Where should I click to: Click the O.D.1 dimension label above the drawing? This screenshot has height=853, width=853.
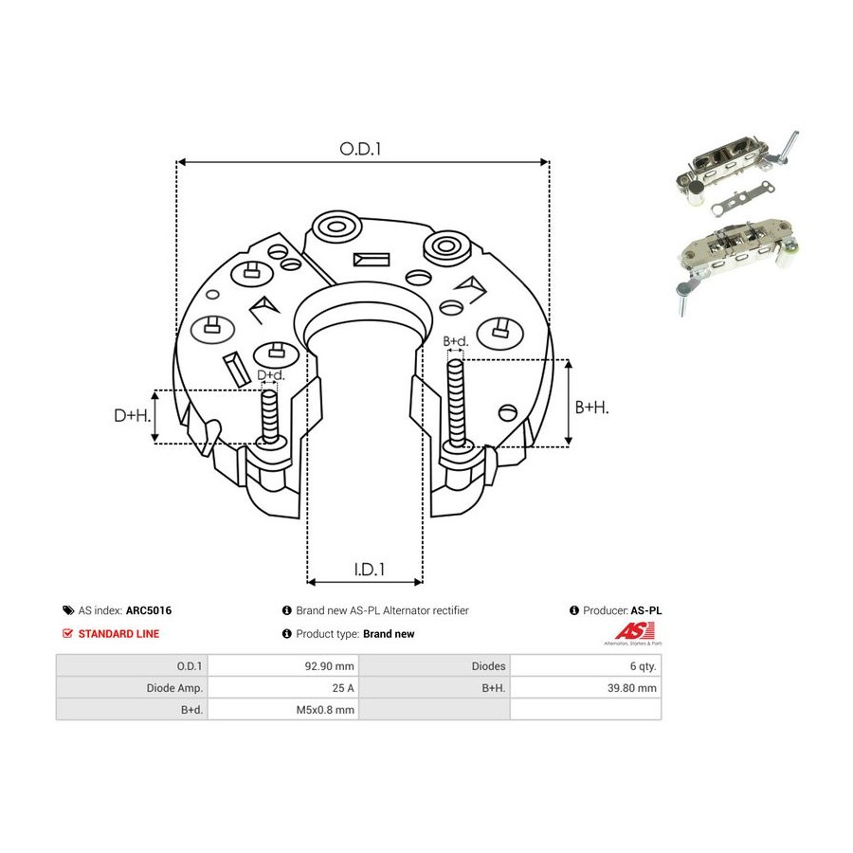tap(360, 149)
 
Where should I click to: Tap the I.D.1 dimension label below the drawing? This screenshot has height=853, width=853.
tap(370, 570)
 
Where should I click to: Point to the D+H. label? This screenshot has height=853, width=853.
tap(132, 416)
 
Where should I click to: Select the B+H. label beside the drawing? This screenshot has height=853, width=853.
tap(591, 407)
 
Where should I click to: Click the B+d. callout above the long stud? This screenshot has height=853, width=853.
tap(455, 341)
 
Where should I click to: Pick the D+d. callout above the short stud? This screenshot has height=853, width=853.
tap(270, 375)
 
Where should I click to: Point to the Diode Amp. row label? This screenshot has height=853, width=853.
tap(174, 688)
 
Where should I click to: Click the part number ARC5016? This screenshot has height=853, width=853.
tap(149, 610)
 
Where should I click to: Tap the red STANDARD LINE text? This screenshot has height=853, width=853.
tap(118, 634)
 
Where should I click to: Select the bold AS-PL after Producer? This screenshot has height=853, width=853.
tap(646, 610)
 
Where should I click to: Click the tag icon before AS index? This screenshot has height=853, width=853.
tap(68, 610)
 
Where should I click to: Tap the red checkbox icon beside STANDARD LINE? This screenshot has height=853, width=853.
tap(67, 634)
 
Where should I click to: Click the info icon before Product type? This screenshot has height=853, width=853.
tap(287, 634)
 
